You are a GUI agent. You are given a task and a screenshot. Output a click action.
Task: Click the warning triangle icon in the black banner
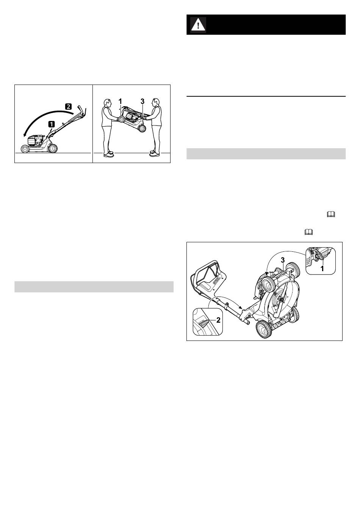click(x=198, y=24)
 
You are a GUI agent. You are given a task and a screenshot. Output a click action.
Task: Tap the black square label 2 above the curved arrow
click(x=68, y=107)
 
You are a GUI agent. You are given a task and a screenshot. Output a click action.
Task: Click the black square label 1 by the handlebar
click(x=51, y=124)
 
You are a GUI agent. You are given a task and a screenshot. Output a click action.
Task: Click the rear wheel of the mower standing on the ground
click(x=53, y=148)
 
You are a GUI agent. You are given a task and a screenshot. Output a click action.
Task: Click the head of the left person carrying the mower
click(x=107, y=102)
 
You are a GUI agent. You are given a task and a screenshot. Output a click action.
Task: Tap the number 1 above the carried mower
click(x=120, y=101)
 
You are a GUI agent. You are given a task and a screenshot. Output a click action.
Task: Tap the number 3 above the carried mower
click(x=142, y=101)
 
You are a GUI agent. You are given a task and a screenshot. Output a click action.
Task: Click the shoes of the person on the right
click(x=154, y=154)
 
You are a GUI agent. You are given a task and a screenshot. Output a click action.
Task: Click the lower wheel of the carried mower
click(x=142, y=128)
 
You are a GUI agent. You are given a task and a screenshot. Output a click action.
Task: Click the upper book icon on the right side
click(x=331, y=214)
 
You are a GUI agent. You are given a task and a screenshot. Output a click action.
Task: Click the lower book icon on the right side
click(x=308, y=232)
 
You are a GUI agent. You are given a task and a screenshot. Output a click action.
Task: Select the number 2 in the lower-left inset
click(x=218, y=320)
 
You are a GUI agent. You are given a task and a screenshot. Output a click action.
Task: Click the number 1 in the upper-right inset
click(x=322, y=269)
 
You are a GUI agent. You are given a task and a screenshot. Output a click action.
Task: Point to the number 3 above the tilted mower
click(x=283, y=260)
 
